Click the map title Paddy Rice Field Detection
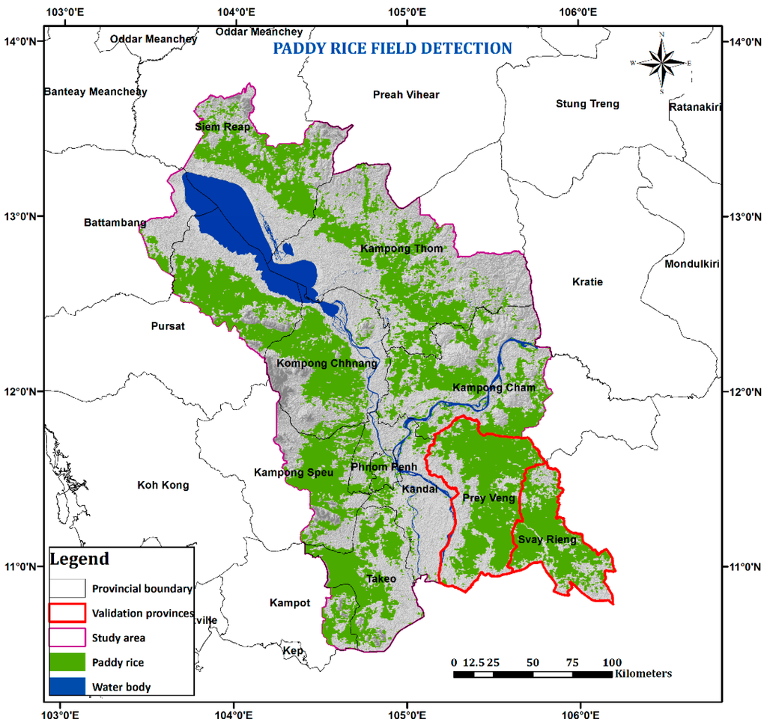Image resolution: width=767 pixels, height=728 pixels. pos(392,49)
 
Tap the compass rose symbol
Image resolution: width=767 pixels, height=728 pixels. pos(661,64)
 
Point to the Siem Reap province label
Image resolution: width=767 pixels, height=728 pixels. pos(222,127)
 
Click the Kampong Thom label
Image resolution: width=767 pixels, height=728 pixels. pos(401,248)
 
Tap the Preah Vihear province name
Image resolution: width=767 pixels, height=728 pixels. pos(406,94)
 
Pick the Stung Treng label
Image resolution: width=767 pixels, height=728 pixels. pos(587,104)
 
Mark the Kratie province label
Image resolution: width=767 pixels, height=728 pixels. pos(587,282)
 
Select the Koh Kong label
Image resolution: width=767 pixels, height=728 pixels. pos(163,486)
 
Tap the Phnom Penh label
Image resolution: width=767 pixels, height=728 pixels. pos(383,468)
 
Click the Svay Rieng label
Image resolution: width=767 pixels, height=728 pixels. pos(546,539)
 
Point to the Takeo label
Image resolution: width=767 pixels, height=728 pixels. pos(381,578)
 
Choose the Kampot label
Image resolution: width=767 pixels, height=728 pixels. pos(290,603)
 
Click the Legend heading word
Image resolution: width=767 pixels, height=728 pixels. pos(79,559)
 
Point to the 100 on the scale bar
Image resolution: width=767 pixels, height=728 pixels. pos(612,662)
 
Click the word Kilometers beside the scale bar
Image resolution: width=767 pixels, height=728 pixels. pos(643,674)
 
